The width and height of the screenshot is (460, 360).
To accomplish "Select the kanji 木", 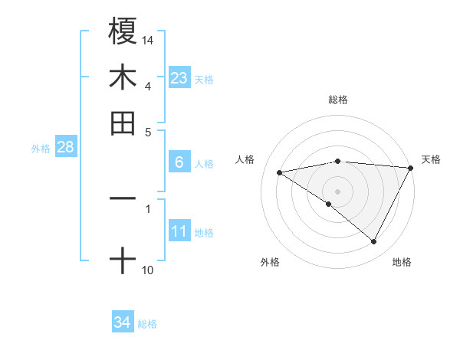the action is [123, 77].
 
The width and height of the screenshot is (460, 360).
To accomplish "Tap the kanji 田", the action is [123, 123].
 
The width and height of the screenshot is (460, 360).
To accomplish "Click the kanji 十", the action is [123, 260].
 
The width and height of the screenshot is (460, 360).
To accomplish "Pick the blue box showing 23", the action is [179, 77].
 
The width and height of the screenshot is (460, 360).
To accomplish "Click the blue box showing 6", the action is [179, 162].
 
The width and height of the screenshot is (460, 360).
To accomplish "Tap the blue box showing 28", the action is [65, 147].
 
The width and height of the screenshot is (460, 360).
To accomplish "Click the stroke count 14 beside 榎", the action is [148, 39].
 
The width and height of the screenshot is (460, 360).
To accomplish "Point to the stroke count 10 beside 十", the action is [148, 270].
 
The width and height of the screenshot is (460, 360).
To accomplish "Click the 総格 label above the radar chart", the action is [338, 100].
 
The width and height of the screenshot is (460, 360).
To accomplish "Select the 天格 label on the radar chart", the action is [431, 159].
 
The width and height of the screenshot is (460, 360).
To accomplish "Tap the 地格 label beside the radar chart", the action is [402, 262].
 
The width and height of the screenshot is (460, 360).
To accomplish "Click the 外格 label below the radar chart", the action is [270, 262].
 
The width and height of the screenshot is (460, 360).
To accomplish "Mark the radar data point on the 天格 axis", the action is [410, 168].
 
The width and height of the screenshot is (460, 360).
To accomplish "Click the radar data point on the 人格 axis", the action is [280, 172].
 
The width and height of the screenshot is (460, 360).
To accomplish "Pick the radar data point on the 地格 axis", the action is [374, 242].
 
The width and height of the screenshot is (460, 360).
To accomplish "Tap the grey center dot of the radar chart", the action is [338, 191].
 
